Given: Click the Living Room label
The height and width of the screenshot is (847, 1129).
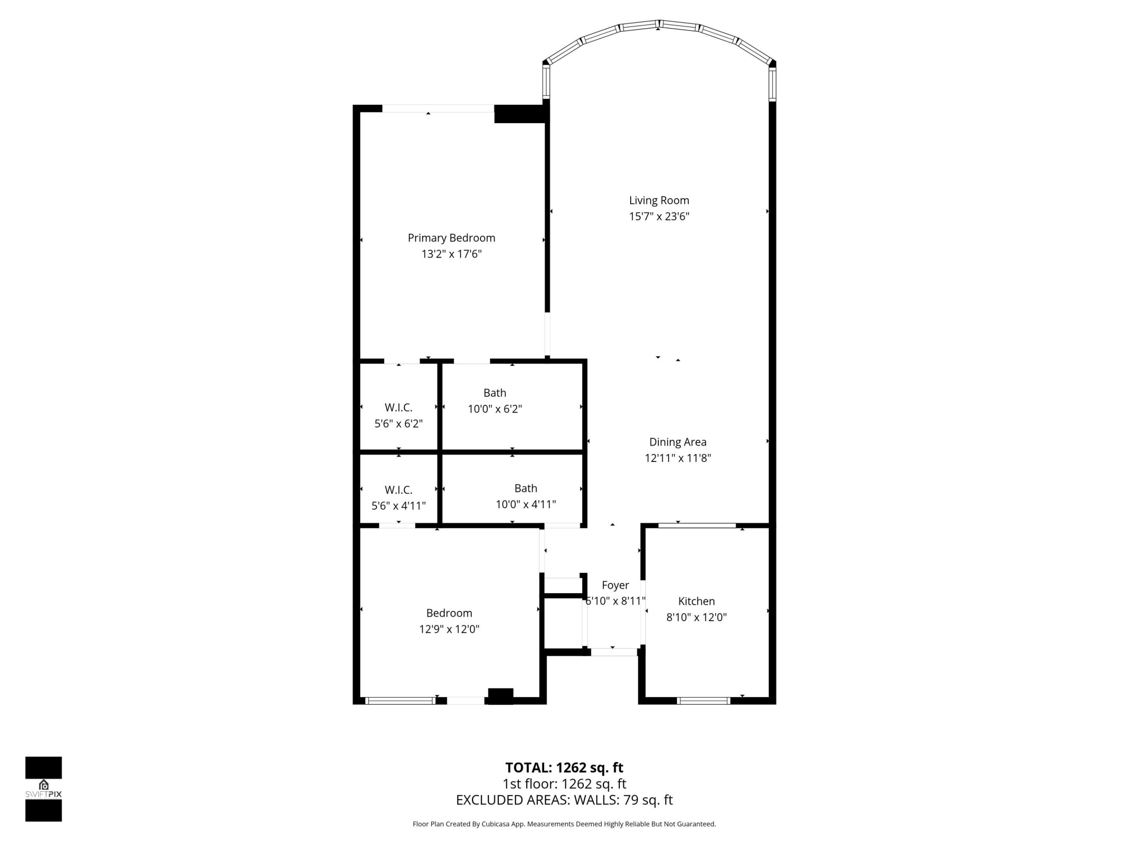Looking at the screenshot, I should tap(659, 201).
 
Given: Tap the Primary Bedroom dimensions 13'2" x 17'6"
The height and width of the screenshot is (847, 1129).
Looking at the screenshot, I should tap(451, 254).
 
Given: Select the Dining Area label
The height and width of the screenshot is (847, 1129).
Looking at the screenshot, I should tap(677, 442).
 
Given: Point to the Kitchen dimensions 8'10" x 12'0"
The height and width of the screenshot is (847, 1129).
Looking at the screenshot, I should tap(696, 617).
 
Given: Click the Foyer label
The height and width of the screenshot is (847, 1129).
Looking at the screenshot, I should tap(615, 585).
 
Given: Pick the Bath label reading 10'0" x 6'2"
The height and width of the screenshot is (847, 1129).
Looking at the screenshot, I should tap(495, 393).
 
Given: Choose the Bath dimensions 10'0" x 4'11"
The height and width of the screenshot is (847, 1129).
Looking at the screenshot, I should tap(525, 504).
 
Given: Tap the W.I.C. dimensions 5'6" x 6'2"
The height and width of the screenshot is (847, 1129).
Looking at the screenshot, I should tap(398, 424).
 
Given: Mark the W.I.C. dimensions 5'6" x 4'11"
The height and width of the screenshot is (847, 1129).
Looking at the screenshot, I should tap(398, 506).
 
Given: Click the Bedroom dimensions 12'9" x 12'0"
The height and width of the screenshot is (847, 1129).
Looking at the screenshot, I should tap(449, 629).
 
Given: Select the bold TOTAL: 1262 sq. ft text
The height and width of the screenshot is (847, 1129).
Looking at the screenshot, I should tap(564, 768).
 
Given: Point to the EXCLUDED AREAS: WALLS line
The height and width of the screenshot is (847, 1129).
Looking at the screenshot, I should tap(564, 800).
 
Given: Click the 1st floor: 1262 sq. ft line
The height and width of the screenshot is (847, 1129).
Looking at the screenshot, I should tap(564, 784).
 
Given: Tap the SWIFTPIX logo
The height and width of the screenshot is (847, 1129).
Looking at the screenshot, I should tap(44, 789).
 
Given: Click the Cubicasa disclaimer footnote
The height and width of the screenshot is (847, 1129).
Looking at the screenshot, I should tap(564, 824).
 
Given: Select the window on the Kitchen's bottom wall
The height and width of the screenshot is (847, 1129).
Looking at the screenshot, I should tap(703, 701).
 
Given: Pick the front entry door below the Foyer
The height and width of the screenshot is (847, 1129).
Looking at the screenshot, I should tap(614, 652).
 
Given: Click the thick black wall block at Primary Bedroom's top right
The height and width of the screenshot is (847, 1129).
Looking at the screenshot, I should tap(521, 114).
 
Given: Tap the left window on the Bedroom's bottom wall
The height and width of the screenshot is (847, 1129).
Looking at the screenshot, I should tap(400, 701).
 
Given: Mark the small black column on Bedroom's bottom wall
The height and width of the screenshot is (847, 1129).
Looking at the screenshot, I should tap(500, 696).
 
